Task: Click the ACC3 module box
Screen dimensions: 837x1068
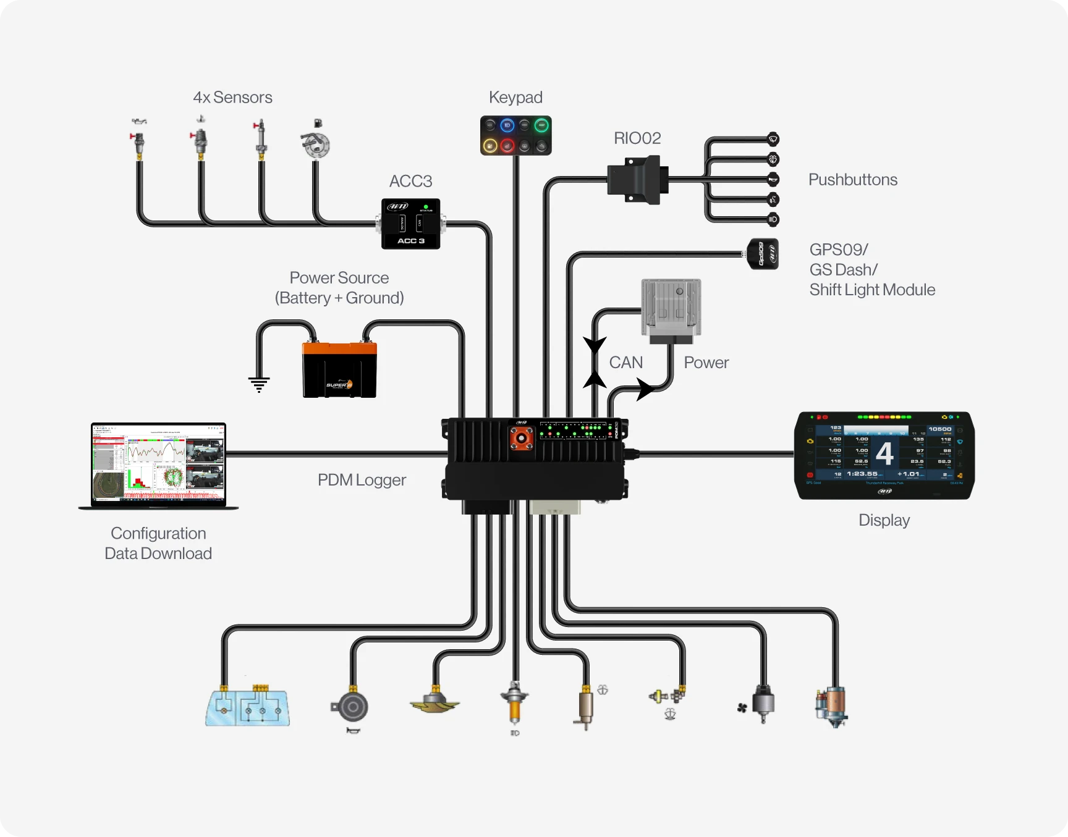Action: [x=410, y=224]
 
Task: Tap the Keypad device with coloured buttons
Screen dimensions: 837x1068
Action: [x=515, y=135]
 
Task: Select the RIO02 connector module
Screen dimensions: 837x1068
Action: [x=637, y=180]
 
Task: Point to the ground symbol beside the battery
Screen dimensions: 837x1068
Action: [x=259, y=384]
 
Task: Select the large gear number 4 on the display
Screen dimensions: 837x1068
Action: [x=884, y=453]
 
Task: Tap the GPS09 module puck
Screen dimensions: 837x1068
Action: [x=763, y=254]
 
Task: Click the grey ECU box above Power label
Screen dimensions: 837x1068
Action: [x=671, y=307]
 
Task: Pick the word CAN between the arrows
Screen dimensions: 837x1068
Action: [x=625, y=363]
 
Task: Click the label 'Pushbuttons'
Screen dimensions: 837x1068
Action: [x=852, y=180]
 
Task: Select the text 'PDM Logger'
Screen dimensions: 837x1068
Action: [x=362, y=480]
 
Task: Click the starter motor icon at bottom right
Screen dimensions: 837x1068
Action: [x=832, y=706]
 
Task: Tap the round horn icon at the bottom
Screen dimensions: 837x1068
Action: [x=352, y=707]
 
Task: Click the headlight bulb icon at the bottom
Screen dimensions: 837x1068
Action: [x=514, y=705]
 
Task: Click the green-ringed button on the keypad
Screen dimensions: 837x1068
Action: [x=541, y=126]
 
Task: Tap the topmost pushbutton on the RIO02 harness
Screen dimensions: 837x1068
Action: [x=773, y=139]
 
